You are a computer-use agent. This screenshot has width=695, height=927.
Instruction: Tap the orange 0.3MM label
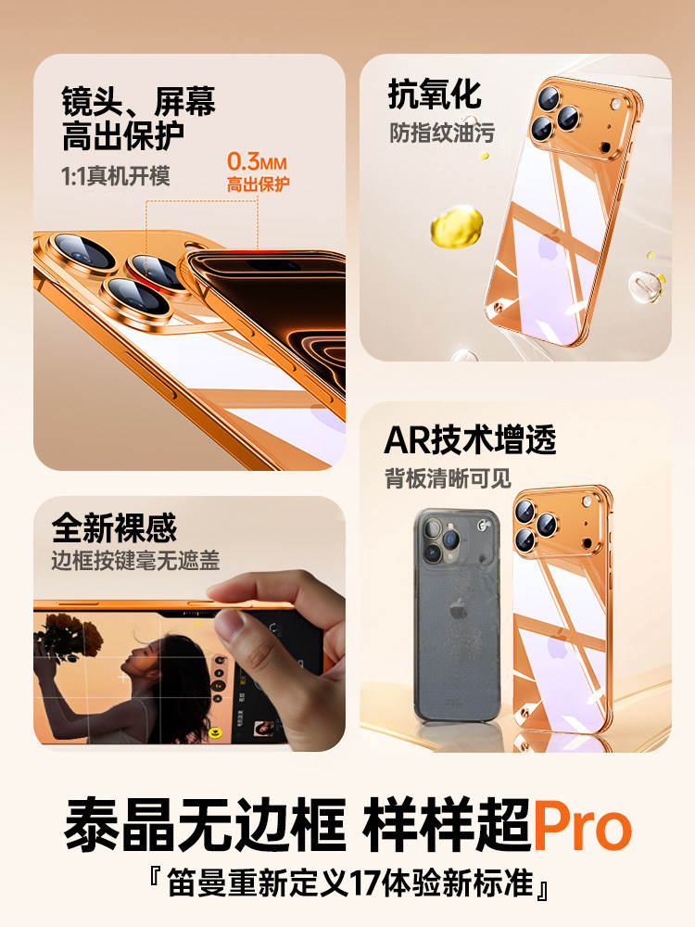[x=258, y=161]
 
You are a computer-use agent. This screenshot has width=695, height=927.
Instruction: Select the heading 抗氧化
[x=435, y=95]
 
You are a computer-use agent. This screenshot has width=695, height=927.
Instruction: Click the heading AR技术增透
[x=470, y=440]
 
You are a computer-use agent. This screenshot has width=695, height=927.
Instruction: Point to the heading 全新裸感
[x=114, y=528]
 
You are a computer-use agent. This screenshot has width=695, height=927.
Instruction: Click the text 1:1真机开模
[x=116, y=177]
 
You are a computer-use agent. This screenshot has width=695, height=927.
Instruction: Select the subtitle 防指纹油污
[x=441, y=133]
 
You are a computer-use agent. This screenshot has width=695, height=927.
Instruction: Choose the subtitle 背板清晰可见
[x=448, y=479]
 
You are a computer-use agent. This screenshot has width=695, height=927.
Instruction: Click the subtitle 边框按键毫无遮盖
[x=135, y=561]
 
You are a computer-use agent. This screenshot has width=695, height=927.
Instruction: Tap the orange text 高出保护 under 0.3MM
[x=259, y=184]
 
